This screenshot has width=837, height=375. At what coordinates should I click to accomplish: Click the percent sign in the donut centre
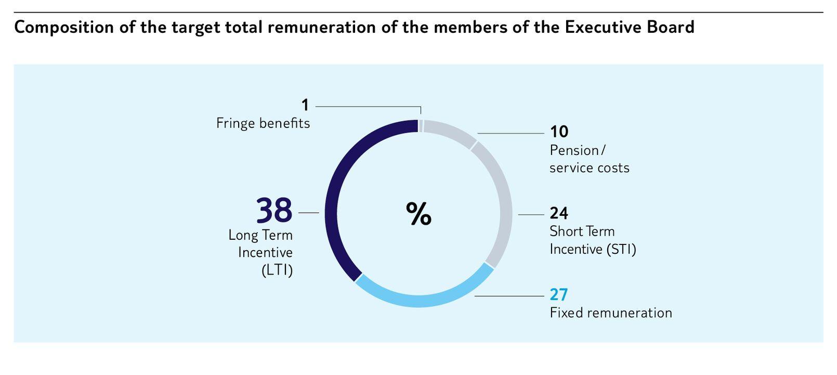418,214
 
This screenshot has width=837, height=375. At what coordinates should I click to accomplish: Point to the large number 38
274,211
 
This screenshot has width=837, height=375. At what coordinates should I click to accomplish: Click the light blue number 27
559,295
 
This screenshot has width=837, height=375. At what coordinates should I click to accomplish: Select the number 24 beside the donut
559,213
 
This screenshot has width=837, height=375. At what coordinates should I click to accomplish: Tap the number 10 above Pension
559,132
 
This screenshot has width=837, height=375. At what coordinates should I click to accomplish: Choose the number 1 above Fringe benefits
305,106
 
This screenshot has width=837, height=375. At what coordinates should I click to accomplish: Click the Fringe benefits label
263,123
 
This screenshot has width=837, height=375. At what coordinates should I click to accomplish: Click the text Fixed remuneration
611,313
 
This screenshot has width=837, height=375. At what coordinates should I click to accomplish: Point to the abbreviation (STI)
621,249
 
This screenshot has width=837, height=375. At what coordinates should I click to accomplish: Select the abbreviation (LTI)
277,270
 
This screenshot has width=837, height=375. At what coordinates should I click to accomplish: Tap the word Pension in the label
574,150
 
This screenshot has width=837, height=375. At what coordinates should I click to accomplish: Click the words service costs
589,168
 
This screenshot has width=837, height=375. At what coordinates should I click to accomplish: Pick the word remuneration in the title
321,27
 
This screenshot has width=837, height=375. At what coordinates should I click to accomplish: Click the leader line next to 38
309,213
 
